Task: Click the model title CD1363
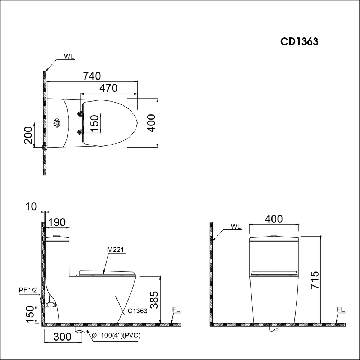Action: pyautogui.click(x=299, y=41)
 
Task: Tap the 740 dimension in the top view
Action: pyautogui.click(x=92, y=76)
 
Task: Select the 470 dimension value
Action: pyautogui.click(x=108, y=88)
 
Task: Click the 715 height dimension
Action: pyautogui.click(x=315, y=280)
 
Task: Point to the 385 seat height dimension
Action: pyautogui.click(x=154, y=300)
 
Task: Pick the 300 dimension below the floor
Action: pyautogui.click(x=62, y=337)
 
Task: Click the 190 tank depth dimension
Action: pyautogui.click(x=57, y=222)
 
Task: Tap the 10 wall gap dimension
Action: pyautogui.click(x=31, y=207)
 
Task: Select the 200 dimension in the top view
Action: pyautogui.click(x=28, y=135)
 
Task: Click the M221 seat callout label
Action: pyautogui.click(x=116, y=250)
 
